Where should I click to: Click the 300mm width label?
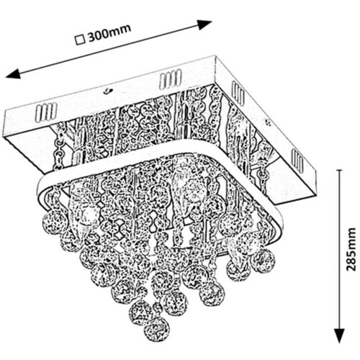pyautogui.click(x=109, y=33)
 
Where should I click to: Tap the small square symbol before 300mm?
pyautogui.click(x=80, y=40)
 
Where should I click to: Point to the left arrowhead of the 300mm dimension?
pyautogui.click(x=14, y=73)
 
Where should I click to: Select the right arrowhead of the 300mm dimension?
pyautogui.click(x=204, y=24)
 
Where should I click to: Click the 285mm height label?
pyautogui.click(x=351, y=249)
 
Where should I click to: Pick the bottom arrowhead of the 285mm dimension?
pyautogui.click(x=339, y=336)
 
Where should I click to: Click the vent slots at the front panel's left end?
pyautogui.click(x=46, y=112)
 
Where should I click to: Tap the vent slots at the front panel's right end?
pyautogui.click(x=171, y=78)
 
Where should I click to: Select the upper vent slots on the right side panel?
pyautogui.click(x=238, y=94)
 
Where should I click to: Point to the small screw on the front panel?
pyautogui.click(x=107, y=91)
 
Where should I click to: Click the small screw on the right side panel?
pyautogui.click(x=267, y=122)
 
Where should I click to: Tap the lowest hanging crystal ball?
pyautogui.click(x=157, y=329)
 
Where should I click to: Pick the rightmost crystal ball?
pyautogui.click(x=263, y=261)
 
